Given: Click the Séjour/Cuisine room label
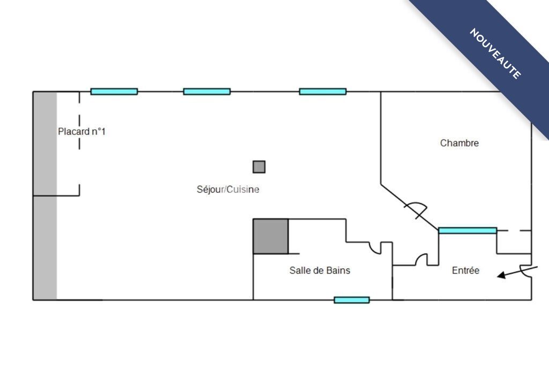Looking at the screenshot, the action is (x=228, y=189).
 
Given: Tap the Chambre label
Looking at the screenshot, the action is (x=459, y=143).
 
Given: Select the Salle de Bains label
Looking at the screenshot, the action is (x=320, y=270).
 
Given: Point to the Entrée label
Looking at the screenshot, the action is (x=466, y=270).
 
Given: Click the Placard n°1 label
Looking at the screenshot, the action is (x=81, y=131).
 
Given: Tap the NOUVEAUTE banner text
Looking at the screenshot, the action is (x=495, y=54).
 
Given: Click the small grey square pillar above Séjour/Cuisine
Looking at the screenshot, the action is (x=259, y=167).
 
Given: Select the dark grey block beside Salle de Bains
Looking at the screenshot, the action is (x=271, y=236).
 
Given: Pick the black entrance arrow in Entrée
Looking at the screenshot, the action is (x=517, y=272).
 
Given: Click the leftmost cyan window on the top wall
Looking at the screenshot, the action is (x=114, y=92).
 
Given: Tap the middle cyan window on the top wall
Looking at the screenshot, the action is (x=207, y=92).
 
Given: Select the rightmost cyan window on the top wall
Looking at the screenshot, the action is (x=323, y=92).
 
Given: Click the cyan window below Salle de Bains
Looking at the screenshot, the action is (x=352, y=300).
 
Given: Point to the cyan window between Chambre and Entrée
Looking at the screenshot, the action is (x=468, y=230).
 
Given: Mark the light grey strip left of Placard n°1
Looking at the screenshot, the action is (x=45, y=196).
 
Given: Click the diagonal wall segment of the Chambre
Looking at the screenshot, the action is (x=410, y=207).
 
